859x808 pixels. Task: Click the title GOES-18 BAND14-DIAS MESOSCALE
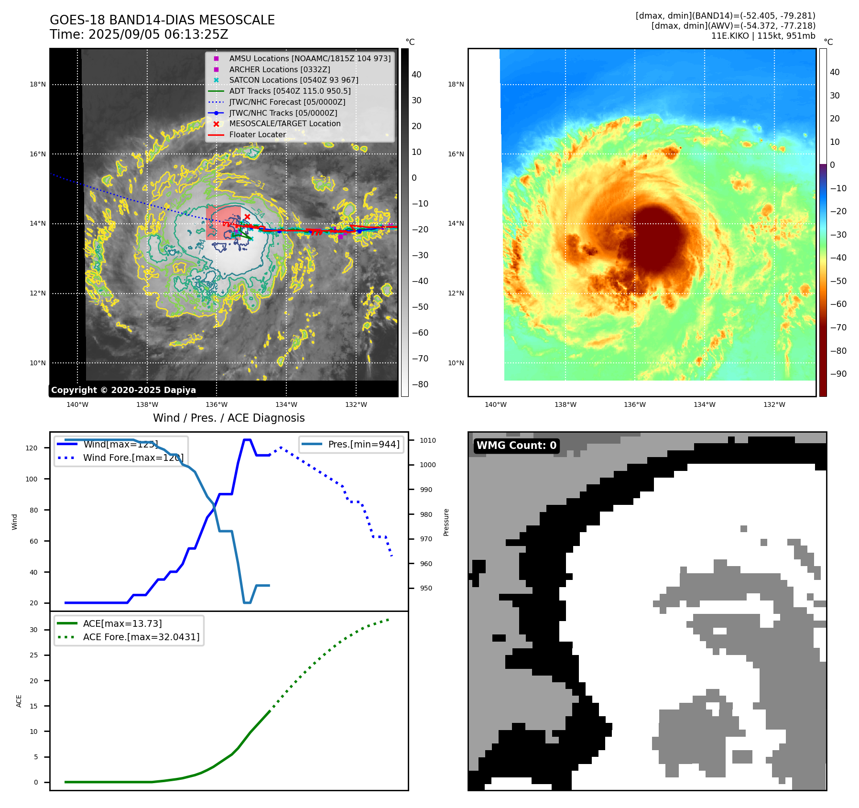(162, 20)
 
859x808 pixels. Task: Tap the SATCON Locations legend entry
(294, 80)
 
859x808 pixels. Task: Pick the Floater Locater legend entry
(257, 134)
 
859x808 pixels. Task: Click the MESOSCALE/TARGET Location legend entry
(284, 123)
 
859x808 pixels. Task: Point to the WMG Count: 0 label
(516, 446)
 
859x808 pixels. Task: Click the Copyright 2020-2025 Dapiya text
(123, 390)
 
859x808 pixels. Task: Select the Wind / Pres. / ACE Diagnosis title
(228, 418)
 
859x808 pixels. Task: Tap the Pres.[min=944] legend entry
(364, 444)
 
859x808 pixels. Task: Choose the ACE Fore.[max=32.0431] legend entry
(141, 637)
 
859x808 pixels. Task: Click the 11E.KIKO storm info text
(763, 36)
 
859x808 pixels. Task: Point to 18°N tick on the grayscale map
(38, 85)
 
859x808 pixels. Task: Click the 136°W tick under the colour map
(634, 404)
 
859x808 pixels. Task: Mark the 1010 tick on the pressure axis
(428, 440)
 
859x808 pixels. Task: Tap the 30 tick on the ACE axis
(34, 630)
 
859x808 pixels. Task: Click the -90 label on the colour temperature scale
(838, 374)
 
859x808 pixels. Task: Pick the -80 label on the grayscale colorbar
(420, 384)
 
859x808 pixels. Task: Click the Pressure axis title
(446, 522)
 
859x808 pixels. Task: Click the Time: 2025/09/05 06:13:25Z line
(139, 34)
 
